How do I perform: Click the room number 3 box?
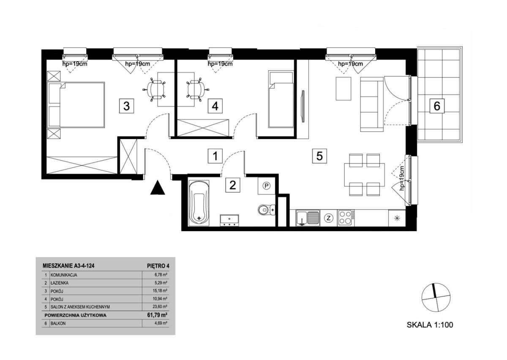click(x=126, y=106)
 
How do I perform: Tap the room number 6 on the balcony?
click(x=437, y=106)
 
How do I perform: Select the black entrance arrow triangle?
click(x=158, y=187)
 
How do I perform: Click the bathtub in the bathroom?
click(x=199, y=203)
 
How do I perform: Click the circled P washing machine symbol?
click(x=267, y=186)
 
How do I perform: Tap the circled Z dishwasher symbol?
click(x=329, y=218)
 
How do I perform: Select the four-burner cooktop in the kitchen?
click(x=346, y=218)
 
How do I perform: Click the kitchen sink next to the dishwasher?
click(x=308, y=218)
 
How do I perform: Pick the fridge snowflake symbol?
click(x=396, y=218)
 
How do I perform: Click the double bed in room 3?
click(x=76, y=105)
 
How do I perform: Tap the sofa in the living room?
click(x=372, y=104)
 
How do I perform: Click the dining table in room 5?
click(x=364, y=175)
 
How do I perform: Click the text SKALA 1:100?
click(x=430, y=325)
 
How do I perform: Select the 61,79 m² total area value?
click(x=158, y=315)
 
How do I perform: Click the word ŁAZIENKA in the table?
click(x=60, y=283)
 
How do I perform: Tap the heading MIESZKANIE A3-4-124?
click(x=68, y=266)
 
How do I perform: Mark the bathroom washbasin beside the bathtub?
click(x=229, y=220)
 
